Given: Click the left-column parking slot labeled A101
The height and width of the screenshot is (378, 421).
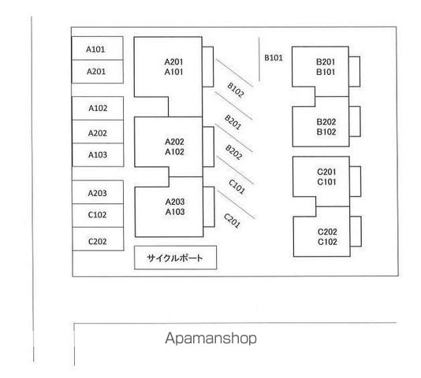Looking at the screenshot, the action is pyautogui.click(x=98, y=48).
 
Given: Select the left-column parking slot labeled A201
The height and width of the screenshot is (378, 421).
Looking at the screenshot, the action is pyautogui.click(x=98, y=72).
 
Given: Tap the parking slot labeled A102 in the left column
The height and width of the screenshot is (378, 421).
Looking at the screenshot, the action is pyautogui.click(x=98, y=108).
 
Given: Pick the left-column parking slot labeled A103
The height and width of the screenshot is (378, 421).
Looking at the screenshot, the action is pyautogui.click(x=98, y=155).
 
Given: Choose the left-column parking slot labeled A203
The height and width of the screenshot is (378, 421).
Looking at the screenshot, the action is pyautogui.click(x=98, y=192).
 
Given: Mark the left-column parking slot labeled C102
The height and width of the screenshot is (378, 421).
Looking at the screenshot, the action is pyautogui.click(x=98, y=216).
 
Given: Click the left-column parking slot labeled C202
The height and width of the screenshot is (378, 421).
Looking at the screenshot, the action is pyautogui.click(x=99, y=239).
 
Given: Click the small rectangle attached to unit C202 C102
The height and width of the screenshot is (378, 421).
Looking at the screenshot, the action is pyautogui.click(x=356, y=232).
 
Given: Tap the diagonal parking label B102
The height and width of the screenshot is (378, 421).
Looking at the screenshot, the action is pyautogui.click(x=236, y=90).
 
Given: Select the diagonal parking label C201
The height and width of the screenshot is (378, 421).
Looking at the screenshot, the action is pyautogui.click(x=232, y=220).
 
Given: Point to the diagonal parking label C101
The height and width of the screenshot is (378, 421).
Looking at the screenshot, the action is pyautogui.click(x=237, y=187).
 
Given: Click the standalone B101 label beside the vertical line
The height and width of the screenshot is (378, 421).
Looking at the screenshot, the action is pyautogui.click(x=274, y=57).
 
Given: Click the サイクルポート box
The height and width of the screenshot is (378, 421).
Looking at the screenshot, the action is pyautogui.click(x=175, y=258).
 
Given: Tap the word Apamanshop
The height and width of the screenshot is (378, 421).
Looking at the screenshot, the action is pyautogui.click(x=210, y=338).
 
